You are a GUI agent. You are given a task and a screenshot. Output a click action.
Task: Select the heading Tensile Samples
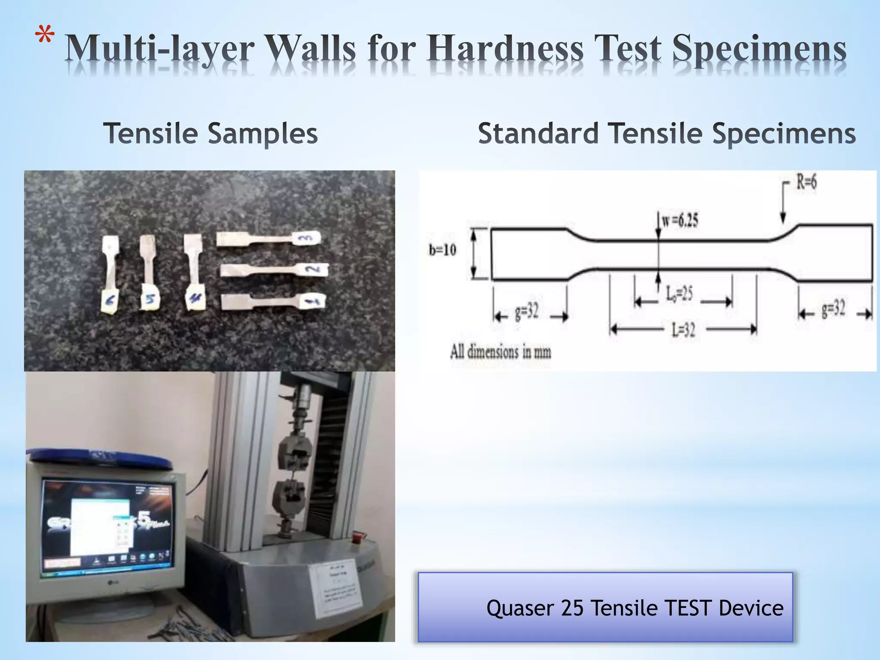pyautogui.click(x=211, y=133)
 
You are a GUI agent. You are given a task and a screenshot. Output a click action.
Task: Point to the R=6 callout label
pyautogui.click(x=806, y=182)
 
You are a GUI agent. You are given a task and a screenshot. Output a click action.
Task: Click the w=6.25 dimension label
pyautogui.click(x=680, y=220)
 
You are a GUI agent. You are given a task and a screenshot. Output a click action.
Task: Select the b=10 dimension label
pyautogui.click(x=443, y=250)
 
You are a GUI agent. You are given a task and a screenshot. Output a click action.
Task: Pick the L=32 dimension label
pyautogui.click(x=683, y=330)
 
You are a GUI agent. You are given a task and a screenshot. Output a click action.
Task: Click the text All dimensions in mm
pyautogui.click(x=501, y=352)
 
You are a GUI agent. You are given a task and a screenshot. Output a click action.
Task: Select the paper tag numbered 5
pyautogui.click(x=150, y=299)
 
